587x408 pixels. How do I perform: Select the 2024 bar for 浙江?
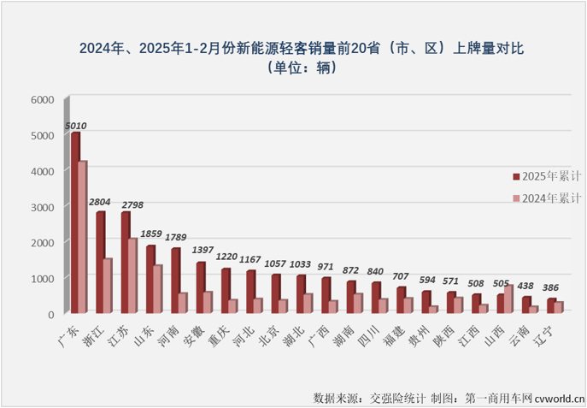108,287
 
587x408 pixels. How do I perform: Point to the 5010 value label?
75,126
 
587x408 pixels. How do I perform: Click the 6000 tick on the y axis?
43,100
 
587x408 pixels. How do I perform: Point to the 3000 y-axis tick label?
43,207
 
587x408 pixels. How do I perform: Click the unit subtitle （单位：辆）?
300,68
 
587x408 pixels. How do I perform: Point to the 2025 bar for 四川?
375,298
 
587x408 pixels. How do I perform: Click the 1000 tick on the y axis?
43,279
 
